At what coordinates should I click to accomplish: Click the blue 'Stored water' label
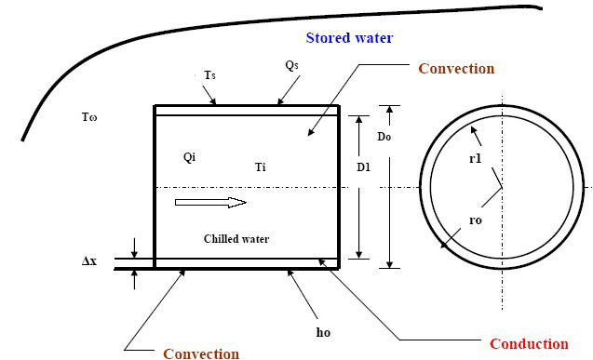[349, 38]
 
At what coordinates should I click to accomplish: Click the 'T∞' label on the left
[90, 118]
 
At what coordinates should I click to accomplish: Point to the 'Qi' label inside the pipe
[190, 157]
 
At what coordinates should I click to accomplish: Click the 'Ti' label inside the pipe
[261, 167]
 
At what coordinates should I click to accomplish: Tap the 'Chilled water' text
[236, 239]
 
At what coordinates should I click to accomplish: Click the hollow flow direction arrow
[210, 202]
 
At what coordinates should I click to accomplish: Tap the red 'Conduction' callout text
[529, 343]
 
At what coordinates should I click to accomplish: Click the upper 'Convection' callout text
[456, 68]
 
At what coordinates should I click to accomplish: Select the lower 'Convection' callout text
[201, 353]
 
